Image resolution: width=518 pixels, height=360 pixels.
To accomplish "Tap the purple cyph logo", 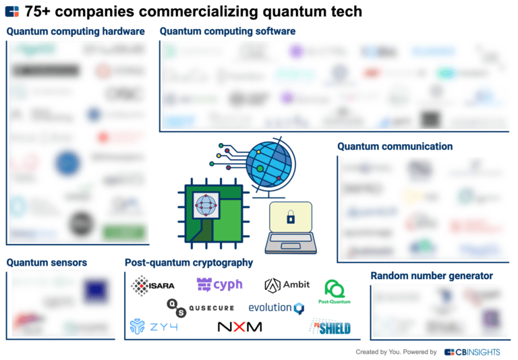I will click(219, 284).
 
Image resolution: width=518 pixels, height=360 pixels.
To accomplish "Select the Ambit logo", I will click(287, 284).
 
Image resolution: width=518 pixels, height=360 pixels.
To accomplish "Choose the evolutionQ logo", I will click(277, 308).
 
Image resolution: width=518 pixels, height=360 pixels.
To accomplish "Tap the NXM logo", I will click(239, 327).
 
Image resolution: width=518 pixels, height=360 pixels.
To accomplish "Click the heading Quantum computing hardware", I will click(76, 32).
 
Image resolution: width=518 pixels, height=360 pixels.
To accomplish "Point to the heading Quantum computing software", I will click(227, 32).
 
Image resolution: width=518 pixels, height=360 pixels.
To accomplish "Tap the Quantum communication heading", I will click(395, 146).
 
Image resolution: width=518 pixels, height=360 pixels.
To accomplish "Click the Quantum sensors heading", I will click(47, 262).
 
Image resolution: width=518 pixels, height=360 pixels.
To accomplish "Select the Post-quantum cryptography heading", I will click(189, 262).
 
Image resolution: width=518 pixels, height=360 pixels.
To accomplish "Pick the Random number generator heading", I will click(432, 276).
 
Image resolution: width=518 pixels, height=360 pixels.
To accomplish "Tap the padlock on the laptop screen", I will click(291, 218).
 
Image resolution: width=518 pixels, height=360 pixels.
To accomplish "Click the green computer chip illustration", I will click(208, 215).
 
